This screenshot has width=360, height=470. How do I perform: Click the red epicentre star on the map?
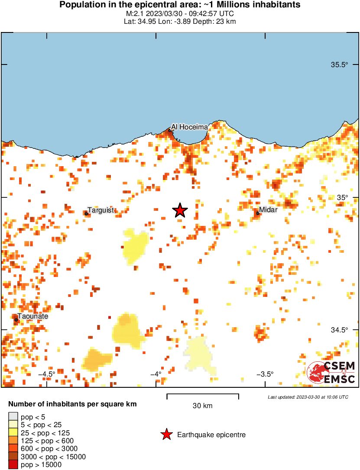click(x=180, y=210)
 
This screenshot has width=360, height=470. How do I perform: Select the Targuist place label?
click(x=101, y=210)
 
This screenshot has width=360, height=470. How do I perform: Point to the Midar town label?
click(x=268, y=209)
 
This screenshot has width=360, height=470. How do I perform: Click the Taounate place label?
click(x=32, y=316)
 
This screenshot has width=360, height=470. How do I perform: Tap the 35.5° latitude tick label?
click(x=339, y=65)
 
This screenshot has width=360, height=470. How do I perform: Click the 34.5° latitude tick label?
click(x=339, y=330)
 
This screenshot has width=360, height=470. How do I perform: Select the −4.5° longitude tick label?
click(x=46, y=374)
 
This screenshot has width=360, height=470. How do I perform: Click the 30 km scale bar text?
click(x=202, y=406)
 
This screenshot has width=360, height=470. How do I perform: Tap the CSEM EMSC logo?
click(x=331, y=372)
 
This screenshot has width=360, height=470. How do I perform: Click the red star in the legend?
click(x=166, y=435)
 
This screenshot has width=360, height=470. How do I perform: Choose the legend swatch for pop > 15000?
click(x=13, y=465)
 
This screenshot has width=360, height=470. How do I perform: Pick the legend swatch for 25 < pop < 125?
click(x=13, y=432)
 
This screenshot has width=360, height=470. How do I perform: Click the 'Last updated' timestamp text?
click(x=308, y=397)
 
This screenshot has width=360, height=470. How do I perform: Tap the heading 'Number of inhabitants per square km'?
click(x=73, y=404)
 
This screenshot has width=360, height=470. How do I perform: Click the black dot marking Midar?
click(x=258, y=213)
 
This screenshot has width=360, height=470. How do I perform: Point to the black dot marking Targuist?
click(x=86, y=213)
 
